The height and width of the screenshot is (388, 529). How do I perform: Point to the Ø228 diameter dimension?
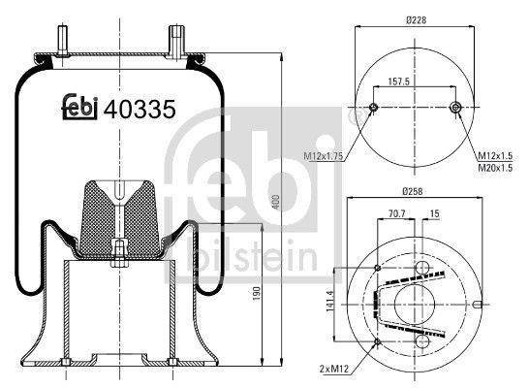click(x=415, y=18)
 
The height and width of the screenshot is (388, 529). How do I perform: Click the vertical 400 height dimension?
click(x=276, y=201)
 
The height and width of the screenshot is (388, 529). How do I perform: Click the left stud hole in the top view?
click(x=374, y=108)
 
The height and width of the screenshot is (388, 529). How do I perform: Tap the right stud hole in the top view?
click(x=456, y=108)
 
